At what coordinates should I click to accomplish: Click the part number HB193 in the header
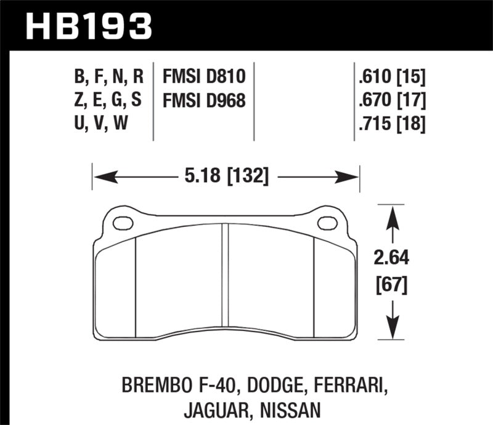(88, 26)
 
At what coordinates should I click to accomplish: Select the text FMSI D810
(204, 76)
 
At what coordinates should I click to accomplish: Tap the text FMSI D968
(204, 100)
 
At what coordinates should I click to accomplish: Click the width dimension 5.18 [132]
(226, 177)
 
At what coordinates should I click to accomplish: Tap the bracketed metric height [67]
(390, 285)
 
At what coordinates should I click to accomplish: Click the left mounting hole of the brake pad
(123, 223)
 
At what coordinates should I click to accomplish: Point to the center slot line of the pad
(225, 277)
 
